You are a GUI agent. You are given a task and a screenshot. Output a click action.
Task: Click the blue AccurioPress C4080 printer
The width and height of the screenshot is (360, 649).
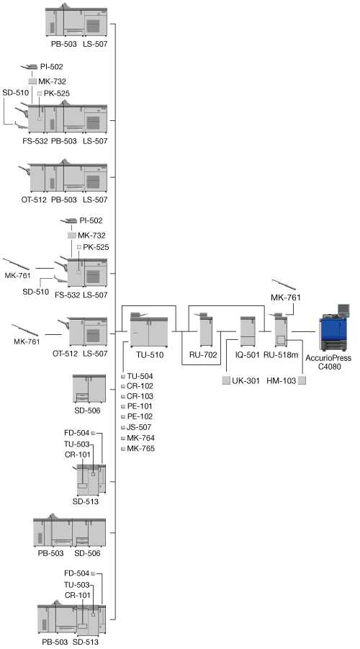click(x=334, y=332)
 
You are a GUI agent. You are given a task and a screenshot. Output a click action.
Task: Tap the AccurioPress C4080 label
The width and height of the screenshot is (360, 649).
click(x=328, y=362)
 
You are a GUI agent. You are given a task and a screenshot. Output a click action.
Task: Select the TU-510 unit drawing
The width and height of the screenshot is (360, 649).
click(x=149, y=331)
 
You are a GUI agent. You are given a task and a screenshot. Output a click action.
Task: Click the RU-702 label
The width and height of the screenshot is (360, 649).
click(x=203, y=354)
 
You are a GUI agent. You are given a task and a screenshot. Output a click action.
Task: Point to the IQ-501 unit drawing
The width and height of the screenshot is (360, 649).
click(x=248, y=331)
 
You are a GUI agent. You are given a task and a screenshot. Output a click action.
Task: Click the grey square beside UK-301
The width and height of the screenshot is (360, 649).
click(x=226, y=381)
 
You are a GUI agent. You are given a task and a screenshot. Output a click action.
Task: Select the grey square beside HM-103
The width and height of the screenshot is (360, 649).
click(x=302, y=381)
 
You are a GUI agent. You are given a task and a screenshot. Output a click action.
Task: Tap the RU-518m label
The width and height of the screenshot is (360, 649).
click(x=281, y=354)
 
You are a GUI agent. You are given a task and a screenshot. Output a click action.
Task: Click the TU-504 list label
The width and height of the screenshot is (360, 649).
click(x=140, y=376)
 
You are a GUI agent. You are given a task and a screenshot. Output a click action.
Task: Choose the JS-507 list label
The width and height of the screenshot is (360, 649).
click(x=139, y=427)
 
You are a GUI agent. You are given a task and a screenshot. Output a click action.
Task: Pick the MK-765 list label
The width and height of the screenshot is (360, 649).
click(x=140, y=449)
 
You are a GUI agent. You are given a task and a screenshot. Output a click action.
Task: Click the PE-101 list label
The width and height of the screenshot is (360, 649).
click(x=140, y=406)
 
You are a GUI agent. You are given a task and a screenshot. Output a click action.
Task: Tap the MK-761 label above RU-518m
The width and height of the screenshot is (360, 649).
click(x=286, y=297)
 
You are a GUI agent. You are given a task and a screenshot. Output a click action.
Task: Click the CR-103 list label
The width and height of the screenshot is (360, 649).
click(x=140, y=396)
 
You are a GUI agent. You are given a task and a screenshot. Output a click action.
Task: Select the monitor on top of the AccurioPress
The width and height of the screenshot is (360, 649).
click(x=343, y=310)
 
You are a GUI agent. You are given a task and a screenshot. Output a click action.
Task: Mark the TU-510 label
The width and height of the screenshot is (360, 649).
click(x=150, y=354)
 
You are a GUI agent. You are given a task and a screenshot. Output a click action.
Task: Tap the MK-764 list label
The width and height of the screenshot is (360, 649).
click(x=140, y=438)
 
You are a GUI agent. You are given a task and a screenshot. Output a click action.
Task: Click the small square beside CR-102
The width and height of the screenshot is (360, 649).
click(x=123, y=386)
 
